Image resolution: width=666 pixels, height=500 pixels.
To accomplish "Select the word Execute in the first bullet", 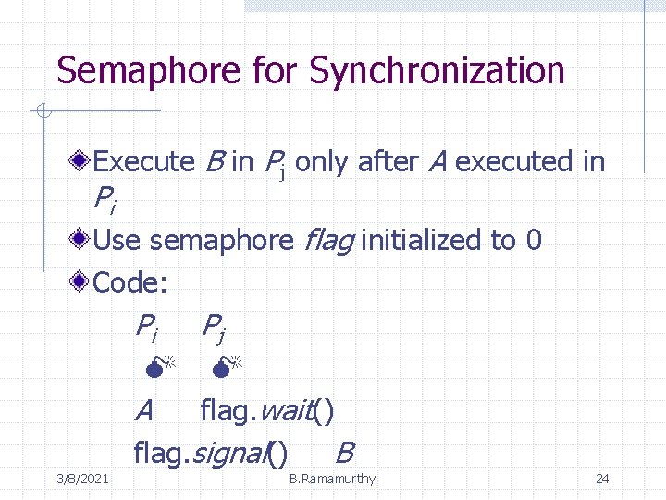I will pyautogui.click(x=143, y=162).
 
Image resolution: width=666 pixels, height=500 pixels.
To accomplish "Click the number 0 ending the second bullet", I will pyautogui.click(x=533, y=241).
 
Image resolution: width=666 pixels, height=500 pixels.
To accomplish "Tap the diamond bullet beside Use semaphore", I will pyautogui.click(x=81, y=239).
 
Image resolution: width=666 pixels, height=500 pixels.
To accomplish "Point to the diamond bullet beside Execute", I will pyautogui.click(x=81, y=160).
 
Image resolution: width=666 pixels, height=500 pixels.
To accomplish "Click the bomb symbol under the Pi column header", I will pyautogui.click(x=158, y=367).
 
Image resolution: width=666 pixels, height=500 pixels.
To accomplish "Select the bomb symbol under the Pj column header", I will pyautogui.click(x=224, y=367).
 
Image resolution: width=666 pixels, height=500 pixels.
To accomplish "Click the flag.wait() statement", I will pyautogui.click(x=266, y=409).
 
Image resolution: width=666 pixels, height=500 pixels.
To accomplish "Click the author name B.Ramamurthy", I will pyautogui.click(x=332, y=479).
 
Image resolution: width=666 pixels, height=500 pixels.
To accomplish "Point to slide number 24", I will pyautogui.click(x=602, y=479).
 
